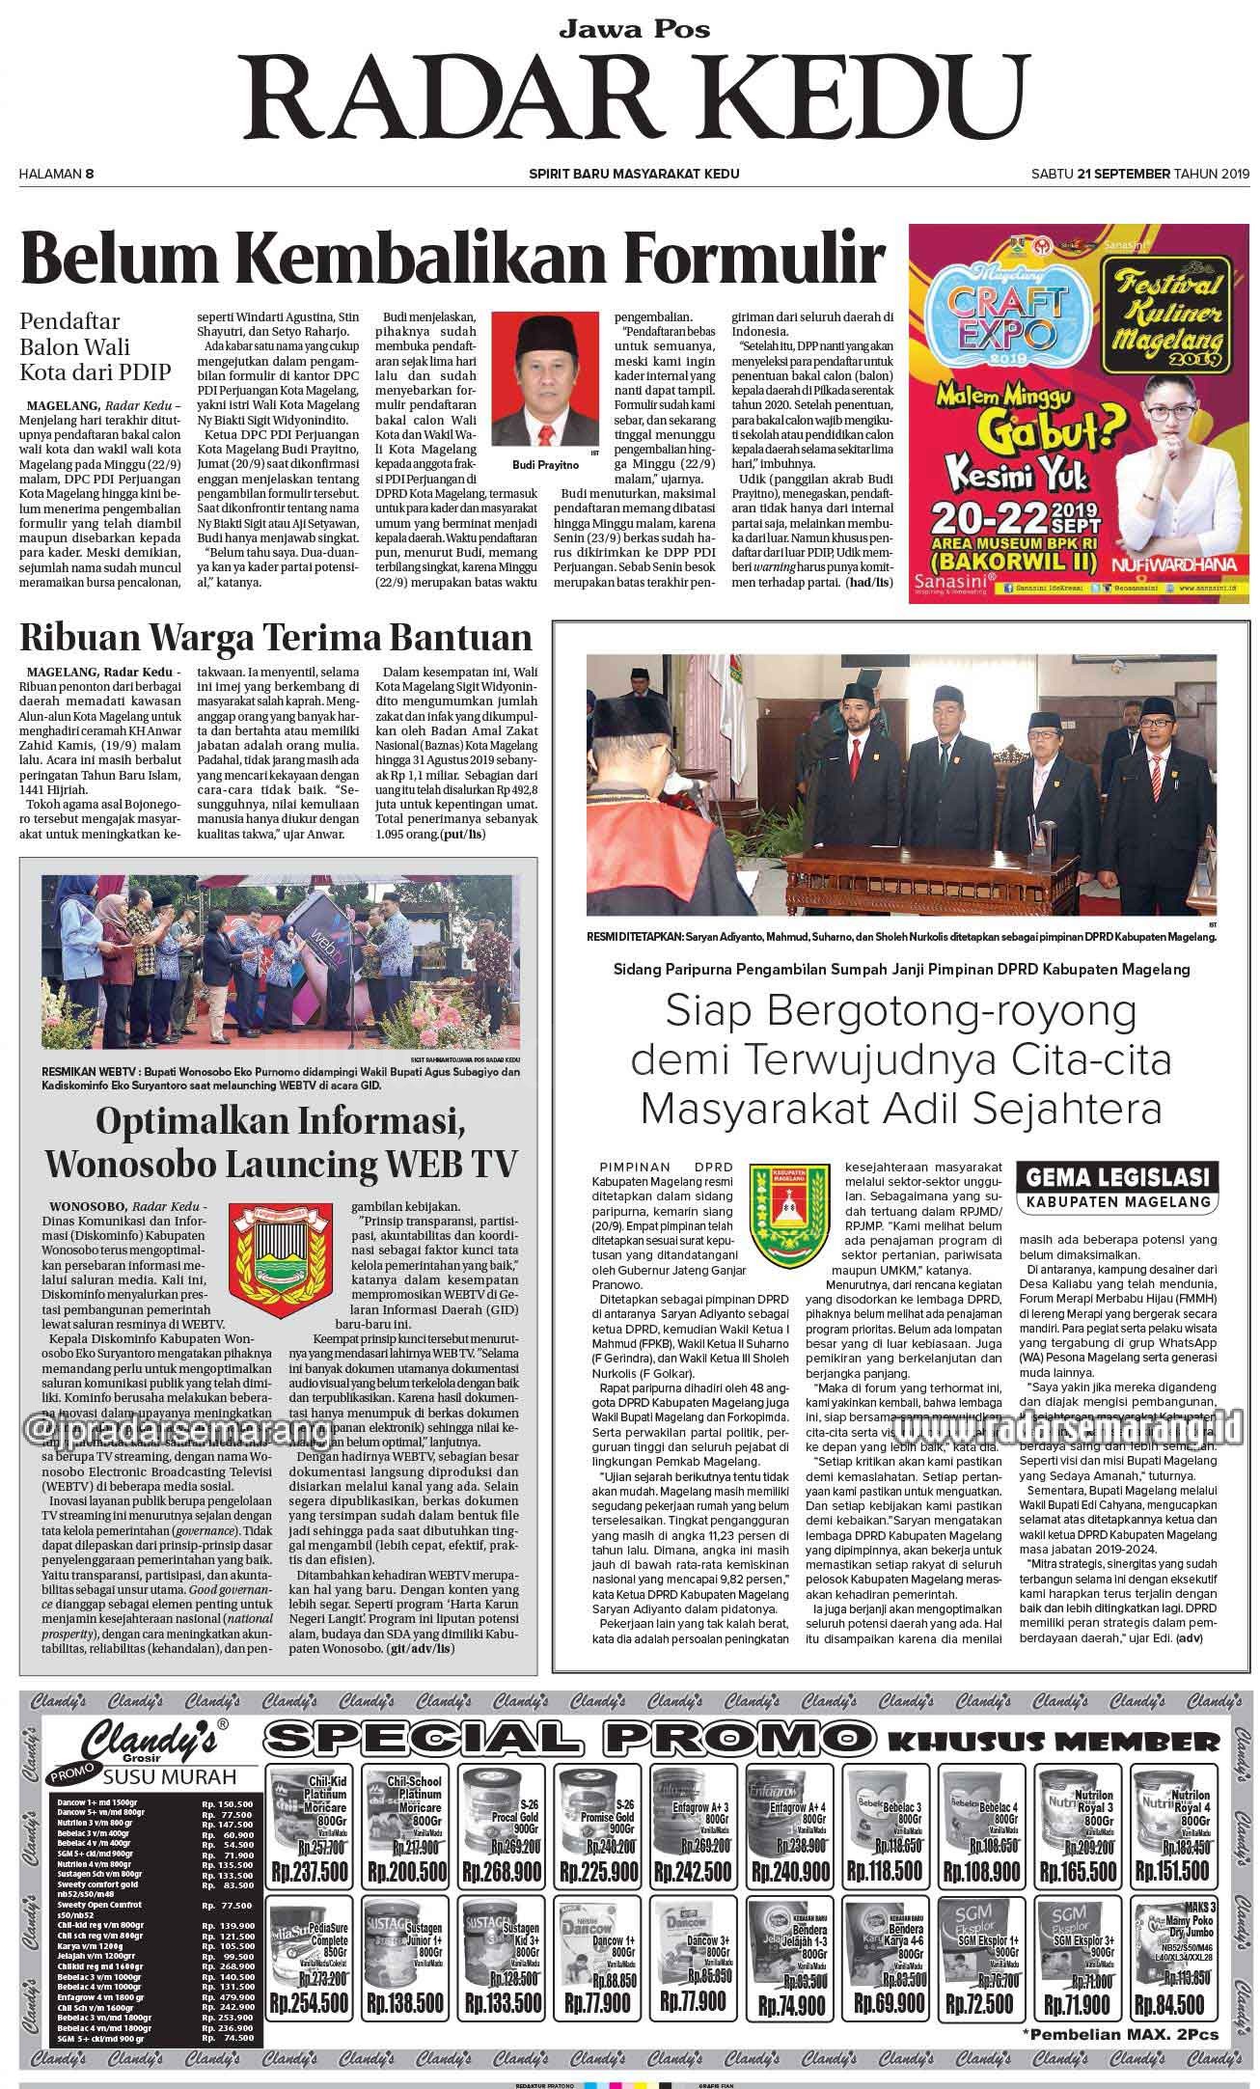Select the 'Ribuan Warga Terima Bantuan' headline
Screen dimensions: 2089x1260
click(x=278, y=638)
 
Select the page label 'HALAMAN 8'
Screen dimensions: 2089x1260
click(x=56, y=174)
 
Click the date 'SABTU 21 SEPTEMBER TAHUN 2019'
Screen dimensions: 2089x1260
click(x=1139, y=174)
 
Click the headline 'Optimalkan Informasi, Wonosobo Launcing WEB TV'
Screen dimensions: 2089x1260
click(x=281, y=1142)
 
